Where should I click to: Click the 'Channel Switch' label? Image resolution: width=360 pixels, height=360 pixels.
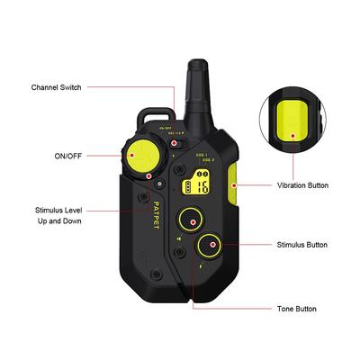click(57, 88)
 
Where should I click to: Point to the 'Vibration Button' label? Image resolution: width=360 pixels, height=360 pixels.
click(303, 185)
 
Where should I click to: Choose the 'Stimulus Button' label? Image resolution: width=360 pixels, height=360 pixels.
click(302, 244)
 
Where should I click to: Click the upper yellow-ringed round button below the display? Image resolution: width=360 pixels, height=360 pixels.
click(192, 218)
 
